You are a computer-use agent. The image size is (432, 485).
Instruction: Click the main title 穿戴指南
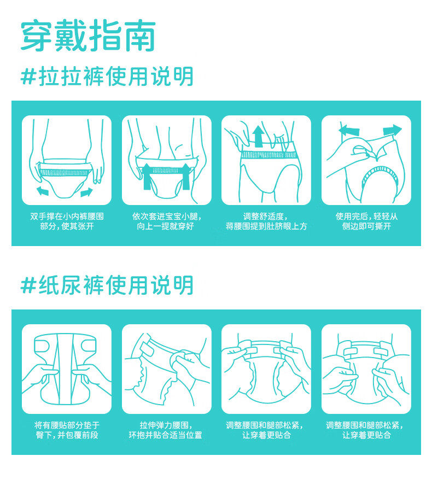pos(88,36)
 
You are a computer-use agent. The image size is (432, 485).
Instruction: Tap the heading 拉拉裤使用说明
pos(116,77)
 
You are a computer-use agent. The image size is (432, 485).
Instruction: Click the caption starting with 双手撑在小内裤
pos(67,221)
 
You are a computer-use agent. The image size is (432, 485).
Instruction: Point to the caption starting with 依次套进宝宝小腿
pos(166,221)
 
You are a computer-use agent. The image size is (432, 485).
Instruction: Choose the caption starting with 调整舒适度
pos(266,221)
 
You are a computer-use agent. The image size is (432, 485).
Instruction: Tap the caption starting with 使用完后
pos(366,221)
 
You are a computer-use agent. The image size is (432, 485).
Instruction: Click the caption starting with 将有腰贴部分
pos(67,430)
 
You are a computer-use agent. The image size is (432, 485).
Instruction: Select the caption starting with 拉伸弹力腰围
pos(166,430)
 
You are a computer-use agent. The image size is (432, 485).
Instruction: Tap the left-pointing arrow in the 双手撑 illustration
pos(43,191)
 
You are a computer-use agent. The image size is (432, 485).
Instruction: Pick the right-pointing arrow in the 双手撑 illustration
pos(86,192)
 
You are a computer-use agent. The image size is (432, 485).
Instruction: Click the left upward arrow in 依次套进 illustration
pos(147,176)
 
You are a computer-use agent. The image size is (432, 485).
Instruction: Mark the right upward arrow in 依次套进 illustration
pos(185,176)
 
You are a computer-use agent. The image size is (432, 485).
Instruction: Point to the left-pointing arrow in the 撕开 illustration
pos(349,130)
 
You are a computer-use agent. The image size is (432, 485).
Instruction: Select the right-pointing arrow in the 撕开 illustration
pos(392,130)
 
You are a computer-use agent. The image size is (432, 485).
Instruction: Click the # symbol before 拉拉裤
pos(28,77)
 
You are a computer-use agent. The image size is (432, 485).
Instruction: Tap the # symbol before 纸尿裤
pos(28,285)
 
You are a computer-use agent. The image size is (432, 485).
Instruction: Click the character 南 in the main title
pos(140,36)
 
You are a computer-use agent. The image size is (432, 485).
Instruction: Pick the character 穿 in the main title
pos(36,36)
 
